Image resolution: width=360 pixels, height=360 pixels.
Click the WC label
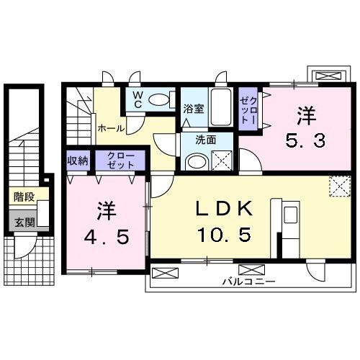[x=138, y=100]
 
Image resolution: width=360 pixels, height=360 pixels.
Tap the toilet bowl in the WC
[x=159, y=99]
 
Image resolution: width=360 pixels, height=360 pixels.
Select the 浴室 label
[x=194, y=109]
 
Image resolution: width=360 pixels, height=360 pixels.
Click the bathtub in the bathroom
[x=221, y=107]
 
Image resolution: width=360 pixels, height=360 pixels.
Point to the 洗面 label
[x=206, y=140]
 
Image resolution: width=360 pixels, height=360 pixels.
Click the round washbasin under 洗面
[x=197, y=162]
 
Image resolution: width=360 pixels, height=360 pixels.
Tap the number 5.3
[x=305, y=141]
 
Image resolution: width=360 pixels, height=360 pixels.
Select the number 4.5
[x=107, y=237]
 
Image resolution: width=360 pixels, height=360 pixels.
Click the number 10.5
[x=224, y=234]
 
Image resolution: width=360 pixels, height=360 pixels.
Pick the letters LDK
[x=224, y=209]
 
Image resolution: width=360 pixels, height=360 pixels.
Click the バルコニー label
[x=248, y=281]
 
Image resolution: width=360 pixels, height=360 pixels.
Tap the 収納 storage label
[x=78, y=161]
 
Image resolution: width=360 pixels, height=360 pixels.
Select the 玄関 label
[x=24, y=222]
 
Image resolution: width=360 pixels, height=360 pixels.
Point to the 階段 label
[x=24, y=197]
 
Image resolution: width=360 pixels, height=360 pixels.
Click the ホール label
[x=111, y=129]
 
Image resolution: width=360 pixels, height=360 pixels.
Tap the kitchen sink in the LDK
[x=290, y=215]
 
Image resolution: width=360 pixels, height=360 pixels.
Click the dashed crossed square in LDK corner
[x=340, y=186]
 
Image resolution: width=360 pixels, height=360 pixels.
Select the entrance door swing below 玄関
[x=25, y=246]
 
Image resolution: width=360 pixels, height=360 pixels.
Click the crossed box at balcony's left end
[x=166, y=273]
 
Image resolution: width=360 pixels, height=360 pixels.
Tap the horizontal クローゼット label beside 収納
[x=120, y=161]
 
